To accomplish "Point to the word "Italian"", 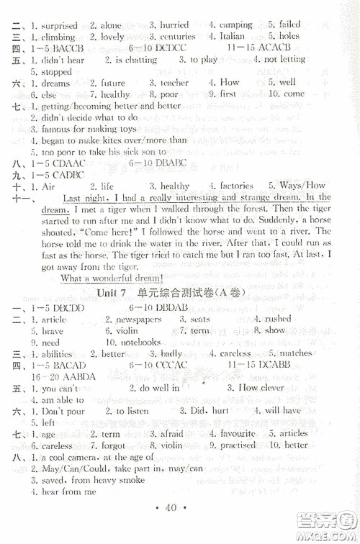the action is click(233, 36).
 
